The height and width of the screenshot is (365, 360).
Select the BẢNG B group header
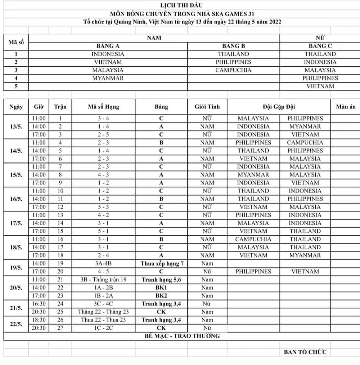(x=233, y=46)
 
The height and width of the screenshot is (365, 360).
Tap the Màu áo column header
(x=345, y=107)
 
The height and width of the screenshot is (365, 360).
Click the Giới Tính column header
(x=207, y=107)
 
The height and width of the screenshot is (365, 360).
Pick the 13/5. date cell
(x=16, y=126)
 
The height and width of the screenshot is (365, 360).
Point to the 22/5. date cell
(x=16, y=324)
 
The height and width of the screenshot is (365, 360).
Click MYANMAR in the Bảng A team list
(x=108, y=78)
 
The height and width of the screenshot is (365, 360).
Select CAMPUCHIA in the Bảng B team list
(x=233, y=70)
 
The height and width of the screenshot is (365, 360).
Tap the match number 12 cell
(x=60, y=207)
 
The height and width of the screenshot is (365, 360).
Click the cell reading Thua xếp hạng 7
(x=161, y=263)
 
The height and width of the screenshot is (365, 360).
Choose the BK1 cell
(x=161, y=288)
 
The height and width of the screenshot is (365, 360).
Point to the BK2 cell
(x=161, y=295)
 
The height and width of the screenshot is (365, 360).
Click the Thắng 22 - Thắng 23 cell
(x=103, y=312)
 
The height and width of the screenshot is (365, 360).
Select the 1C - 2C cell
(x=103, y=328)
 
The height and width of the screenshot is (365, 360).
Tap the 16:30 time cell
(x=39, y=304)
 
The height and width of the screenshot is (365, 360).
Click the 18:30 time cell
(x=39, y=320)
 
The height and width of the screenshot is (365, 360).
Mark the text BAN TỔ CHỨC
(x=305, y=352)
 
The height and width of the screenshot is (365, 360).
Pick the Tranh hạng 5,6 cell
(x=161, y=280)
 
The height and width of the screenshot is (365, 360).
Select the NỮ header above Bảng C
(x=320, y=38)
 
